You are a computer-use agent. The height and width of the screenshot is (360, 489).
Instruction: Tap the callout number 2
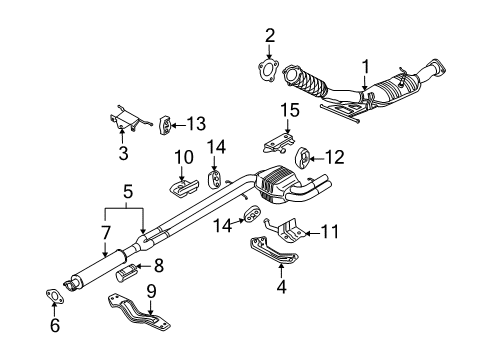click(x=269, y=37)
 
